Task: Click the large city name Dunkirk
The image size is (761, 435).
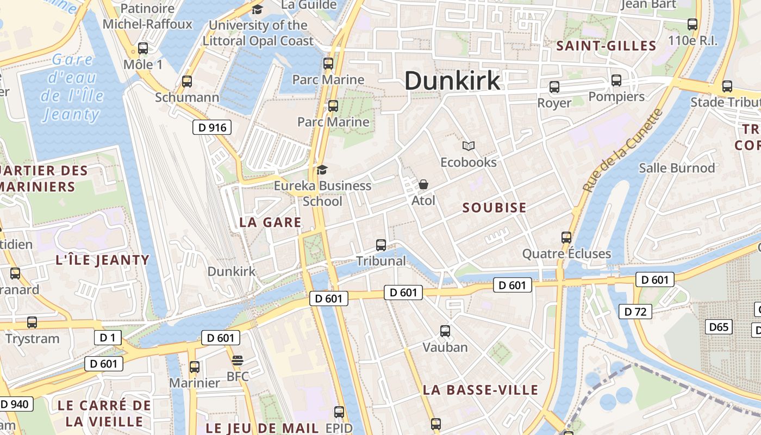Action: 452,81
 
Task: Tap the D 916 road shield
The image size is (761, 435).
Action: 212,128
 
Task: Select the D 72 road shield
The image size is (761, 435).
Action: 635,312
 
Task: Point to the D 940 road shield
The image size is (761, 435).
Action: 16,404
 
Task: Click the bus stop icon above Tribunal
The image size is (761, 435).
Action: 381,245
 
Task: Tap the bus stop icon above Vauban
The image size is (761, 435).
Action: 445,331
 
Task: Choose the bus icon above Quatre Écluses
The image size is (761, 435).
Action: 566,238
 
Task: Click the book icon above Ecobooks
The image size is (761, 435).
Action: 469,146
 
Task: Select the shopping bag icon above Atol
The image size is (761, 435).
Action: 423,185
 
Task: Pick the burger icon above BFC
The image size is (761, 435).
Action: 237,361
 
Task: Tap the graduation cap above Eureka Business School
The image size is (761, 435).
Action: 322,170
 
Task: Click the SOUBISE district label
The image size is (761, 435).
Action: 494,208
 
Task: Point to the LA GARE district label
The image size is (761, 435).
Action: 270,222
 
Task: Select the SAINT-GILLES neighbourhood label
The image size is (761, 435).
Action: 606,46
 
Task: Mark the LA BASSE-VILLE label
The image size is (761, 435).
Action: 481,390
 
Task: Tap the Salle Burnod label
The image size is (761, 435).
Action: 677,168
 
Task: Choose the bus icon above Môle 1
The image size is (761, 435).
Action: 143,49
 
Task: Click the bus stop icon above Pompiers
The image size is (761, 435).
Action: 616,80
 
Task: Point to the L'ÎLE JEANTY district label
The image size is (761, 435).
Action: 102,260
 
